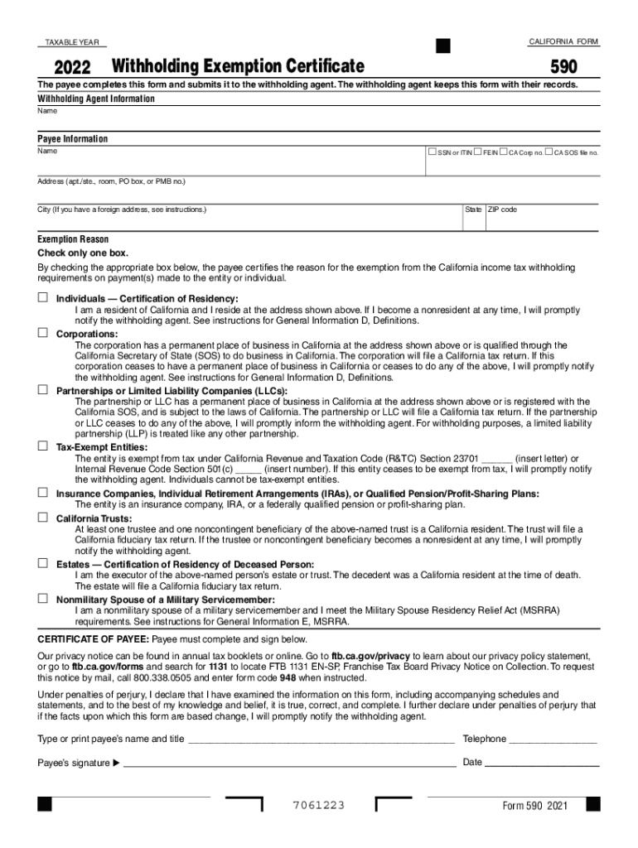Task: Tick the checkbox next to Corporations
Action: point(41,333)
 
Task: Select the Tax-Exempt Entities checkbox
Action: point(41,446)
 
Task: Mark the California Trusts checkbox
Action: point(41,518)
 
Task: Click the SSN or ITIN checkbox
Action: point(432,152)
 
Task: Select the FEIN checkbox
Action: point(479,152)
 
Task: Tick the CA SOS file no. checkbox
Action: point(549,152)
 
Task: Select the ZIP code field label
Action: point(502,210)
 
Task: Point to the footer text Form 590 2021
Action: point(535,807)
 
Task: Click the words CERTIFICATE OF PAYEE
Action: point(93,639)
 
